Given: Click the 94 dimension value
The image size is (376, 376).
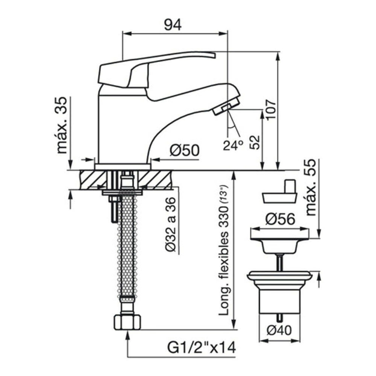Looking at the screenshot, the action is [173, 24].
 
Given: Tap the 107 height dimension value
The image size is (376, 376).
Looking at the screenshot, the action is [271, 109].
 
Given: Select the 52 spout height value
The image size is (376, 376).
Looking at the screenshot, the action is [255, 143].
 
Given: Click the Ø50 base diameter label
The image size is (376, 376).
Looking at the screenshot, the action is [185, 151].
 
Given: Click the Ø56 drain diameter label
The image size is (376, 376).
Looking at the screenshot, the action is [280, 219].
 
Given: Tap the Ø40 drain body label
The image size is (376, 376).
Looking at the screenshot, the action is [279, 331].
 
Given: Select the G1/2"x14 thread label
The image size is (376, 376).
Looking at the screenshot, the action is [202, 348].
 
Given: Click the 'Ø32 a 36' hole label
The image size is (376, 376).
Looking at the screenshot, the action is [171, 224].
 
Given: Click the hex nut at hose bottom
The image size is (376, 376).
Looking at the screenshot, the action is [127, 322].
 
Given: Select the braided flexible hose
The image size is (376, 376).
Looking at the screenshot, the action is [127, 245].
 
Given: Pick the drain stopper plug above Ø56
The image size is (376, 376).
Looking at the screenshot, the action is [280, 192].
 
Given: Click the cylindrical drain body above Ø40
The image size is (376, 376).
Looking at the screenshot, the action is [280, 302].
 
